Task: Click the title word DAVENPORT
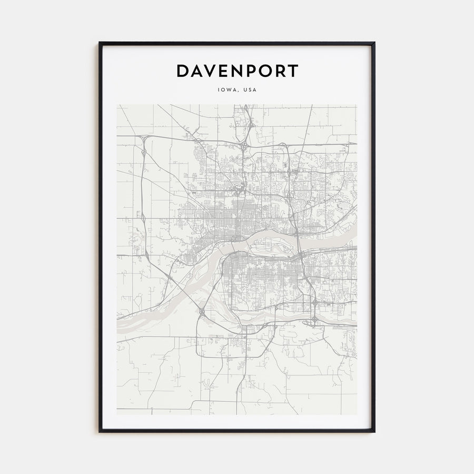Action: [x=237, y=71]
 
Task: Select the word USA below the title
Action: [x=250, y=90]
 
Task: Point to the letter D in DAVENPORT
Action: [x=182, y=71]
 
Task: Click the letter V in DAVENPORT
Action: [x=209, y=71]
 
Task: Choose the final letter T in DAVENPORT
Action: [x=293, y=71]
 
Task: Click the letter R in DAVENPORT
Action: [x=279, y=71]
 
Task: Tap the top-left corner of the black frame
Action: [x=100, y=43]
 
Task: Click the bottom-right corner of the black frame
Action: [x=374, y=431]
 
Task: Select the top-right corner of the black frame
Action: [x=374, y=43]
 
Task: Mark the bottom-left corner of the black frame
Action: [x=100, y=431]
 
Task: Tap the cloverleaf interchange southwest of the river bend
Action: [x=202, y=313]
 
